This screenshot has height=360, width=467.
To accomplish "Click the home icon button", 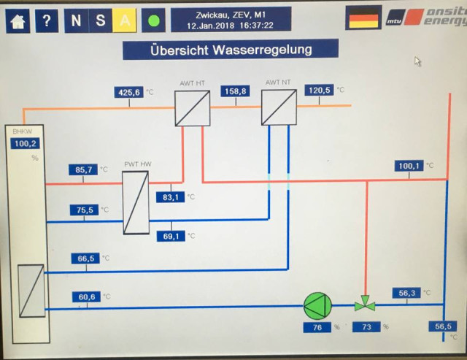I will click(18, 20).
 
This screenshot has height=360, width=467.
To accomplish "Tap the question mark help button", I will click(47, 20).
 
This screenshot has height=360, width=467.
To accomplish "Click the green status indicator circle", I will click(153, 20).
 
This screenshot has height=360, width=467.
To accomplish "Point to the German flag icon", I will click(363, 18).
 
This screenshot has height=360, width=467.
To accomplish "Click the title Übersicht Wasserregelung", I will click(231, 50).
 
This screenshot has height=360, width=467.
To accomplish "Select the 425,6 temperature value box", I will click(129, 92).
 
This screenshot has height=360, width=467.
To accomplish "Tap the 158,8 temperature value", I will click(236, 91).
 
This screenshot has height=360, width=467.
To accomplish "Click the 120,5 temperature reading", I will click(319, 90).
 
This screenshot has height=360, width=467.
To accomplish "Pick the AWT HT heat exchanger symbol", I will click(192, 108).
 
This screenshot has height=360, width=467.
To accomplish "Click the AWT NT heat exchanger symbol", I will click(279, 107).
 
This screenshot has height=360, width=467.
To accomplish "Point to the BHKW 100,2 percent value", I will click(25, 143).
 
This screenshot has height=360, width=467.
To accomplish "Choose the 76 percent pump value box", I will click(317, 328).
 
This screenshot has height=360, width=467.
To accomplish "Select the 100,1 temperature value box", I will click(409, 166).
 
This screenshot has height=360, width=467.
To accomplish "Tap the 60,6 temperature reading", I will click(85, 296).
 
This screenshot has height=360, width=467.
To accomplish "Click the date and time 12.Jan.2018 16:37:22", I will click(230, 25).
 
